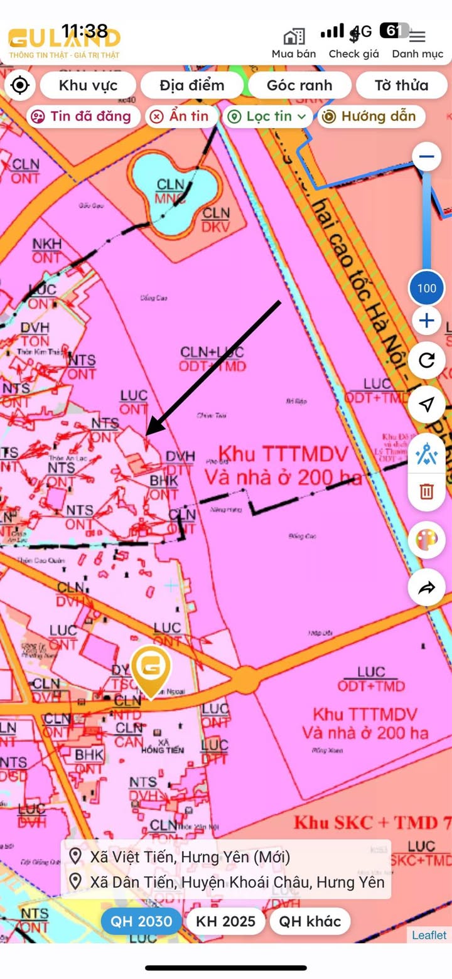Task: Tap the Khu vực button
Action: pyautogui.click(x=88, y=85)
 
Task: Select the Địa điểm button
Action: pyautogui.click(x=191, y=85)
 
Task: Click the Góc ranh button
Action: pyautogui.click(x=299, y=85)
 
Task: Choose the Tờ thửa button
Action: pyautogui.click(x=402, y=85)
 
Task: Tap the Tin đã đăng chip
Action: pyautogui.click(x=81, y=116)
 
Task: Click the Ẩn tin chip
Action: pyautogui.click(x=182, y=116)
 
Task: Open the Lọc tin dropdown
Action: pyautogui.click(x=267, y=116)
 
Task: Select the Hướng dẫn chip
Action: pyautogui.click(x=370, y=116)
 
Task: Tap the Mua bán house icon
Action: pyautogui.click(x=294, y=37)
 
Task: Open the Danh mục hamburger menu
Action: pyautogui.click(x=417, y=37)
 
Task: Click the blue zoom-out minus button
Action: pyautogui.click(x=427, y=157)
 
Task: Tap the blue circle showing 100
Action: pyautogui.click(x=427, y=288)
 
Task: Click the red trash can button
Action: pyautogui.click(x=427, y=490)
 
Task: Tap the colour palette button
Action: pyautogui.click(x=427, y=540)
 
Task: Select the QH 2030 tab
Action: pyautogui.click(x=141, y=921)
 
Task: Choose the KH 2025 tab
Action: pyautogui.click(x=226, y=921)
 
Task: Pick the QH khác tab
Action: pyautogui.click(x=310, y=921)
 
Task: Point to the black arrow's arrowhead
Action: pyautogui.click(x=149, y=432)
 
